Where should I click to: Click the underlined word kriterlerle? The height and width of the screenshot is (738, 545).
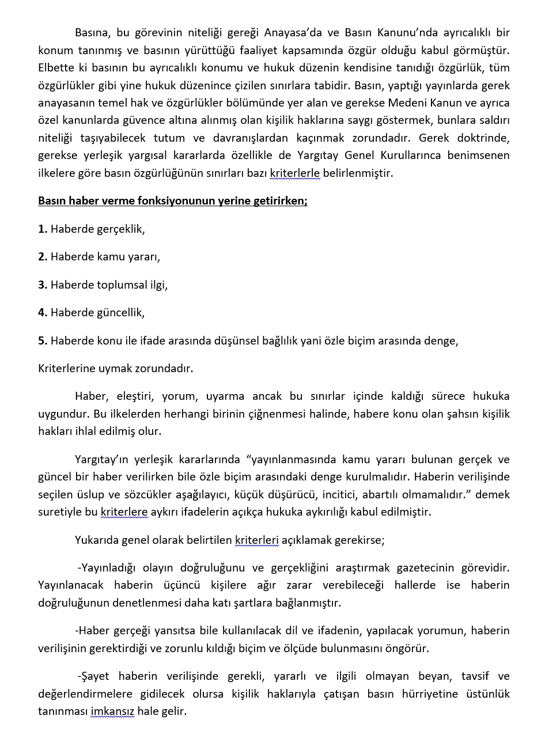294,173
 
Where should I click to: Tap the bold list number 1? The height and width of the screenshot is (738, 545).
43,229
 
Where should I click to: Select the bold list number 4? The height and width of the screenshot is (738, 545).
43,312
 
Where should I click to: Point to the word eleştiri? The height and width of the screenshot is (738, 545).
136,396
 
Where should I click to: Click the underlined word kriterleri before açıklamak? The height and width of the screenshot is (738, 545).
256,540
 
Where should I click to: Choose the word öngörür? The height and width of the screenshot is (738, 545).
408,648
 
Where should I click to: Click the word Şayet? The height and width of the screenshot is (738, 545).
94,676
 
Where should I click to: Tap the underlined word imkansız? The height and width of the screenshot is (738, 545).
112,711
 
